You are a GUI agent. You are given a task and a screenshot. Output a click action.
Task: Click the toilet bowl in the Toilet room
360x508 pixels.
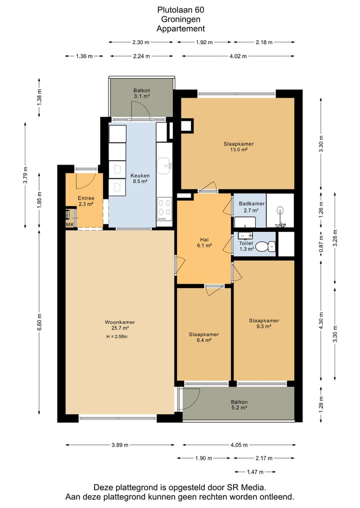tap(266, 247)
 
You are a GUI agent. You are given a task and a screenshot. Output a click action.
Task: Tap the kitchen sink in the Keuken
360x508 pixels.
tap(165, 164)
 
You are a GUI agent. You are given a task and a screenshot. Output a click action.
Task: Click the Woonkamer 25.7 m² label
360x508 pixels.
tap(119, 325)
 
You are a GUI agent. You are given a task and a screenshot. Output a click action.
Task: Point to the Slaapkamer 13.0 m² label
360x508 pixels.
tap(238, 147)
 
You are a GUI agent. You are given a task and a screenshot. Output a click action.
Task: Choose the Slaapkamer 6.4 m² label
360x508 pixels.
tap(203, 337)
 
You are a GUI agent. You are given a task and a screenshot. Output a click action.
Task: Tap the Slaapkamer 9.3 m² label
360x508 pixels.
tap(264, 323)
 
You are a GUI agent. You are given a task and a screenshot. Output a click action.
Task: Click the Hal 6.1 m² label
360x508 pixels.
tap(204, 243)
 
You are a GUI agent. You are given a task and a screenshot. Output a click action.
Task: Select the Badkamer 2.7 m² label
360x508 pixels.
tap(251, 207)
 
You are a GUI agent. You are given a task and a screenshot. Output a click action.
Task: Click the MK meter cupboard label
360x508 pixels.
tap(70, 224)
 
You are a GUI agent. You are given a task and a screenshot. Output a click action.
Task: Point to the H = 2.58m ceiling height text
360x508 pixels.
tap(117, 337)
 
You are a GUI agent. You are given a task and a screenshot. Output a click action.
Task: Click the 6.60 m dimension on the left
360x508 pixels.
tap(39, 322)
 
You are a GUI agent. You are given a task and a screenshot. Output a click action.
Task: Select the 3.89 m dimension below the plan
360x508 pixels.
tap(120, 445)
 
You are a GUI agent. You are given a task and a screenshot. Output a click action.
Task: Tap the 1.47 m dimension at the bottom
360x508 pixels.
tap(255, 472)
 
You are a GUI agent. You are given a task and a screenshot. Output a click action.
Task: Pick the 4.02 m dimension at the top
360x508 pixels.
tap(238, 56)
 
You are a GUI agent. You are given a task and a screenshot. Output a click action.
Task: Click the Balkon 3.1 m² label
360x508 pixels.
tap(141, 93)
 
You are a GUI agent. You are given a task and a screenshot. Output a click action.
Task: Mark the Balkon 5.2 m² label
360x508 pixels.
tap(239, 405)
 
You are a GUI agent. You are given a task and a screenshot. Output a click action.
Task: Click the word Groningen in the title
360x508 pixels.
tap(180, 19)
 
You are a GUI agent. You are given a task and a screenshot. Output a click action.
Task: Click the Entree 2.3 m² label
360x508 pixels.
tap(86, 201)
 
